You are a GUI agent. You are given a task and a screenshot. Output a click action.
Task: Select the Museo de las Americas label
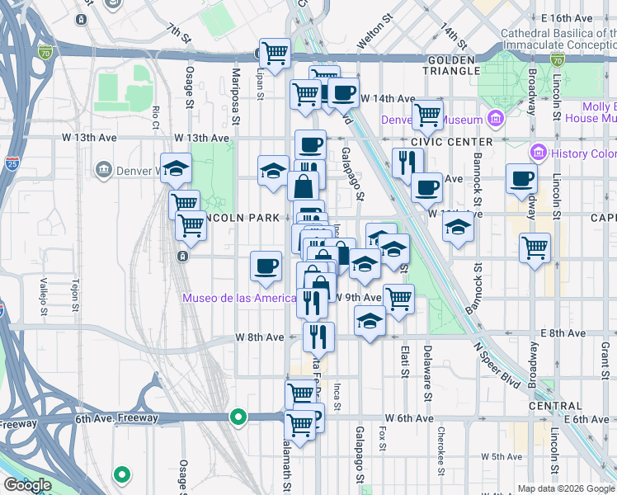pos(239,298)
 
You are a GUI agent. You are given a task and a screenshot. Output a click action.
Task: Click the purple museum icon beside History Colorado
pos(539,153)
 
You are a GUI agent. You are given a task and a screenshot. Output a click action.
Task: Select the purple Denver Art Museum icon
pos(495,119)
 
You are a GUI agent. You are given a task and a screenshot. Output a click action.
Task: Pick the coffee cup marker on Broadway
pos(520,178)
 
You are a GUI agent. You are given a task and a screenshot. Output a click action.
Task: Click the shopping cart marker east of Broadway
pos(535,246)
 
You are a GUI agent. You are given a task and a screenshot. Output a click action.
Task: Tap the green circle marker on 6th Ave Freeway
pos(238,417)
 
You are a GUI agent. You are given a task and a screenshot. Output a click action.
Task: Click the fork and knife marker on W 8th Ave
pos(318,336)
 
